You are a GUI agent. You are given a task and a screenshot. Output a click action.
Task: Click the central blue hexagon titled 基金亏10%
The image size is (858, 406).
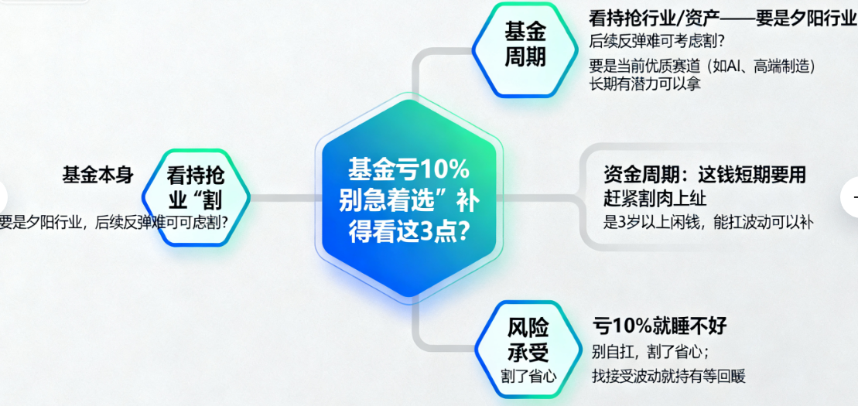tap(408, 198)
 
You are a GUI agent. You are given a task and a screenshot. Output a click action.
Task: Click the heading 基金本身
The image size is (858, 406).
tap(97, 175)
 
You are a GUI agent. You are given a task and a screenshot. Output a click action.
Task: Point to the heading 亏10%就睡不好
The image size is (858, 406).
tap(660, 326)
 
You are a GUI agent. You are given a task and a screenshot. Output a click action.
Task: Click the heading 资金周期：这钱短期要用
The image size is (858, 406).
tap(705, 175)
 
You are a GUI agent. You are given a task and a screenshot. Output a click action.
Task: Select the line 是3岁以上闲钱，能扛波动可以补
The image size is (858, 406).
tap(708, 222)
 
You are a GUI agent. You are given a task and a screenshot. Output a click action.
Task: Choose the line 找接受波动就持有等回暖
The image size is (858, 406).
tap(668, 376)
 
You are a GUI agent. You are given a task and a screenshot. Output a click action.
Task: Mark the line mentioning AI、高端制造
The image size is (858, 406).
tap(702, 65)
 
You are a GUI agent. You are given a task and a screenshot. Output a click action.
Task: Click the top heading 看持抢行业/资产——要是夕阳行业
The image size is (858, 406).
tap(723, 18)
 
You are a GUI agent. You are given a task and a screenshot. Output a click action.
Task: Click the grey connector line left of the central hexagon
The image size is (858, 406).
tap(283, 198)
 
